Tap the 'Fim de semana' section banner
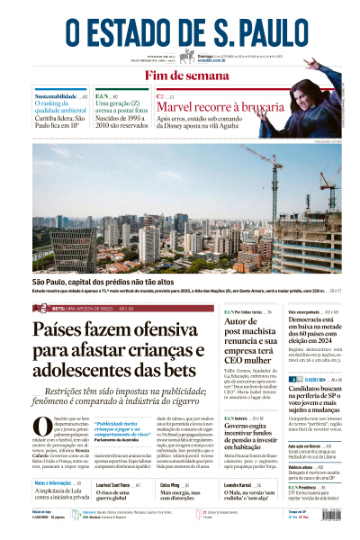click(180, 76)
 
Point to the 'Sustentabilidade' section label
click(56, 95)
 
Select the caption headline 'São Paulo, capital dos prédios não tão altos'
click(104, 283)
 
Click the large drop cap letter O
click(41, 427)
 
